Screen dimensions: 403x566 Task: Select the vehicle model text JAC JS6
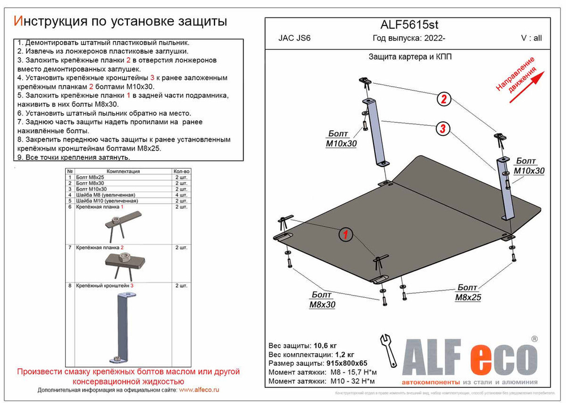point(290,39)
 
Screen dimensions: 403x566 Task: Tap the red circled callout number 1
point(345,234)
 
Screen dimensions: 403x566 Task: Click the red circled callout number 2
point(444,100)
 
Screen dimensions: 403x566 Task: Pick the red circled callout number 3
point(444,129)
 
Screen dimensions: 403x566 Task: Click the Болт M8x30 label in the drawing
point(322,299)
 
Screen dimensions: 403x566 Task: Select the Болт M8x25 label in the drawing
point(468,292)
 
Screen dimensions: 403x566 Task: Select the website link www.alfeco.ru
point(199,391)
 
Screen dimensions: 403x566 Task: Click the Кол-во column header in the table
point(181,170)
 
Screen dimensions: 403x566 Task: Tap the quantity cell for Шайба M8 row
point(181,195)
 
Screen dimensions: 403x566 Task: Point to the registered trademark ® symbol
point(534,338)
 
